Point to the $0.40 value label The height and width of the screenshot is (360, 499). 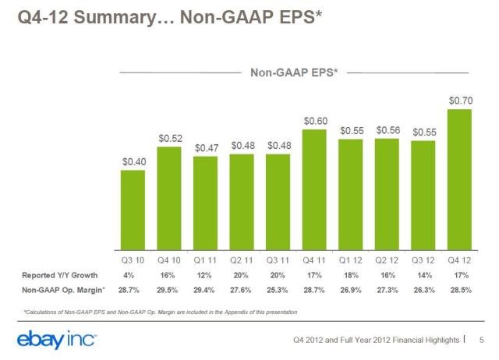point(133,161)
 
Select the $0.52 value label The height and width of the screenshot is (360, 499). point(170,138)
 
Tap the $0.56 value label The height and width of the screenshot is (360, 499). point(388,129)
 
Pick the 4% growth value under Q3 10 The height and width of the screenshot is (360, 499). point(133,276)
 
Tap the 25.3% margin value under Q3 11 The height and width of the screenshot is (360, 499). point(278,291)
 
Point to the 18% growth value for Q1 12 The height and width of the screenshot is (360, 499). point(351,276)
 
